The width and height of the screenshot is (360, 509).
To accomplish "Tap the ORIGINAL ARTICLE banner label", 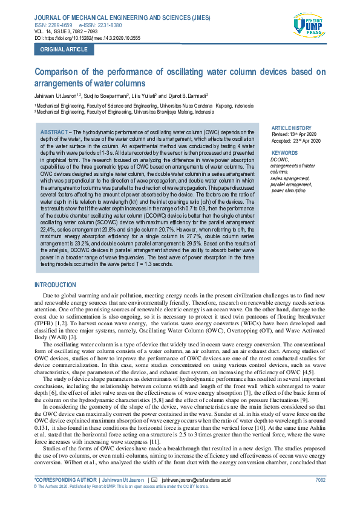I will point(64,50).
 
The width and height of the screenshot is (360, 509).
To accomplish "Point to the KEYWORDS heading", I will point(285,153).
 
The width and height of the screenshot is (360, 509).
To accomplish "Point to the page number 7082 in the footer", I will point(320,479).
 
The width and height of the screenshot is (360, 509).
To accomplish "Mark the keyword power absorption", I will point(289,190).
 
